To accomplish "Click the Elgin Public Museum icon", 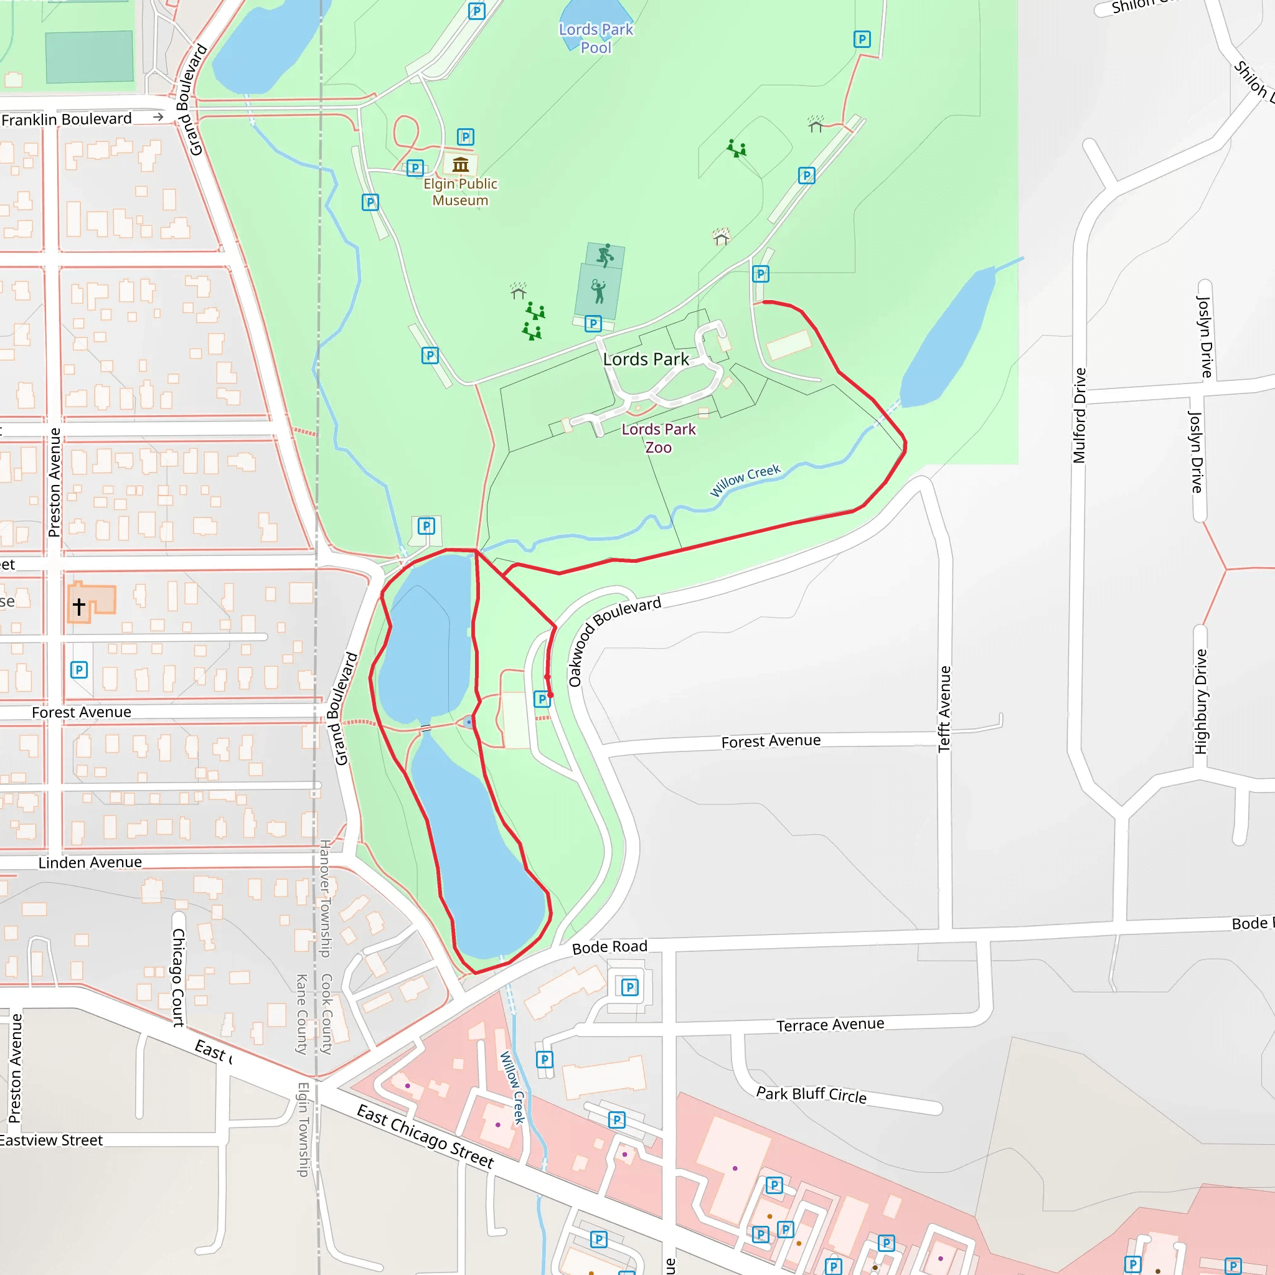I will (x=461, y=164).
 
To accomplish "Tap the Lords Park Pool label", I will (x=596, y=38).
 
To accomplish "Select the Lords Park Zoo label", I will (x=659, y=438).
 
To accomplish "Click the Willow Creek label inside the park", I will (x=745, y=481).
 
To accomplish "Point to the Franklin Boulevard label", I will (x=67, y=120).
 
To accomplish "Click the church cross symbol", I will (x=79, y=606).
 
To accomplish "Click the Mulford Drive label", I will (x=1079, y=416).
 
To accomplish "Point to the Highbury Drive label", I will (x=1200, y=702).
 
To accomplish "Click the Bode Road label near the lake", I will (x=609, y=947).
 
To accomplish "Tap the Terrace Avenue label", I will (x=830, y=1025).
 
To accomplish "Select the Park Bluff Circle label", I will (x=811, y=1095).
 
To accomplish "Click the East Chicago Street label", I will (x=425, y=1135).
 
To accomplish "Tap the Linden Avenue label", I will (x=90, y=862).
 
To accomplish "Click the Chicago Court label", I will (x=178, y=977).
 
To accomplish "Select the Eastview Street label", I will (x=52, y=1141).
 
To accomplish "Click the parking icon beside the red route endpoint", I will (x=542, y=699).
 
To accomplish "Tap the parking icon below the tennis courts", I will (x=593, y=323).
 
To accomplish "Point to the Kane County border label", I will (x=301, y=1014).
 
